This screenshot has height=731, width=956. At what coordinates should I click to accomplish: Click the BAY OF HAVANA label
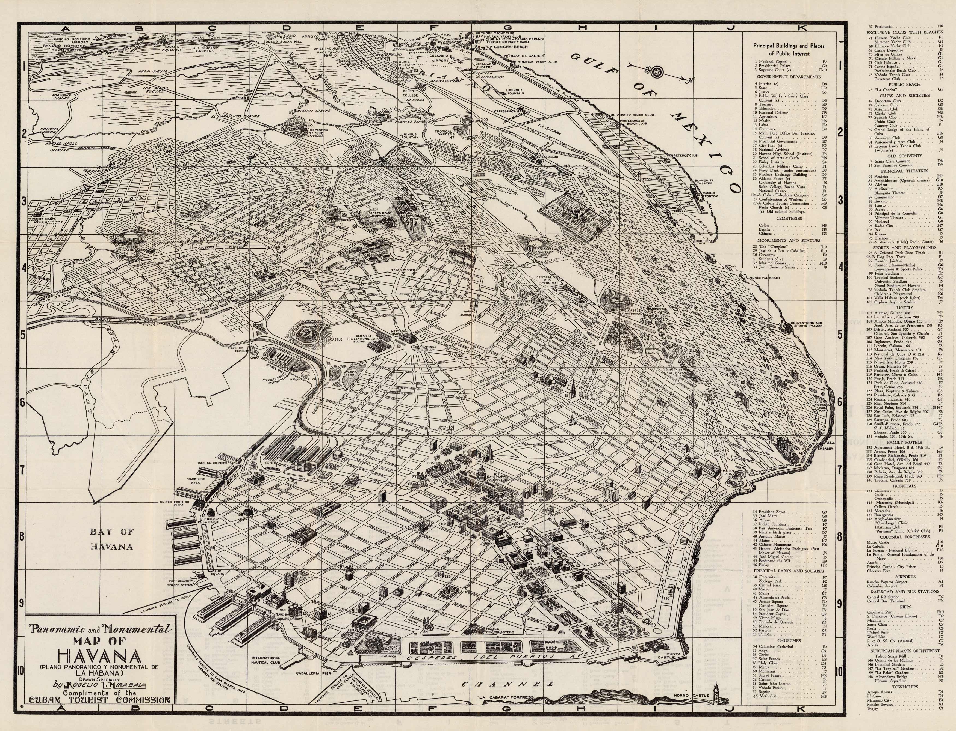pos(111,538)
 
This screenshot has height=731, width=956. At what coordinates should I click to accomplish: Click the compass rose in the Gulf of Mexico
pos(656,71)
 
